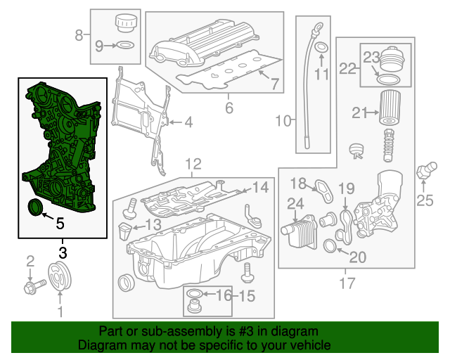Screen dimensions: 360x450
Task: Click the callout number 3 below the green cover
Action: (x=63, y=251)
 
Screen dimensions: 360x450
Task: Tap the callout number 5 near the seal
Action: (x=60, y=224)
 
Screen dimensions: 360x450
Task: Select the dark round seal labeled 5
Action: (x=33, y=207)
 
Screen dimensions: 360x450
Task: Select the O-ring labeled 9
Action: (x=124, y=46)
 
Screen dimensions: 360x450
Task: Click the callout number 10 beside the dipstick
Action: (x=283, y=122)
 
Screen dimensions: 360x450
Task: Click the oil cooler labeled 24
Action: (x=295, y=231)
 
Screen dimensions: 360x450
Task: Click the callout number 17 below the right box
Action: (x=346, y=284)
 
